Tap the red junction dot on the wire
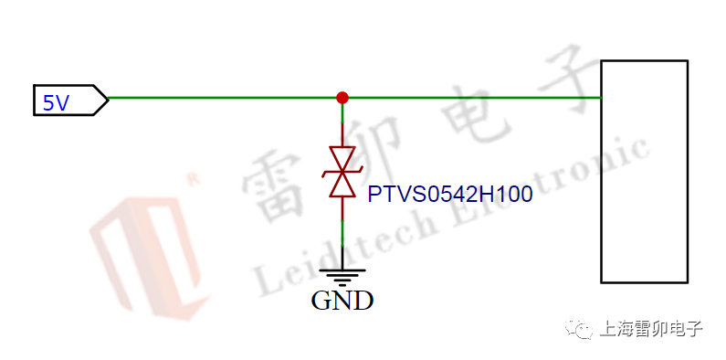[x=342, y=97]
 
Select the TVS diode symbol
[x=342, y=172]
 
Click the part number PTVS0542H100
[x=449, y=195]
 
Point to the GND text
[x=342, y=300]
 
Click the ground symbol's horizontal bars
[x=342, y=275]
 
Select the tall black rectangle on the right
[x=643, y=171]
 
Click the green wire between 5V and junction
[x=224, y=97]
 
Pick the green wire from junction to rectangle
[x=470, y=97]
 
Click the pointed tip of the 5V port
[x=108, y=98]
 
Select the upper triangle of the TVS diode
[x=342, y=160]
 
